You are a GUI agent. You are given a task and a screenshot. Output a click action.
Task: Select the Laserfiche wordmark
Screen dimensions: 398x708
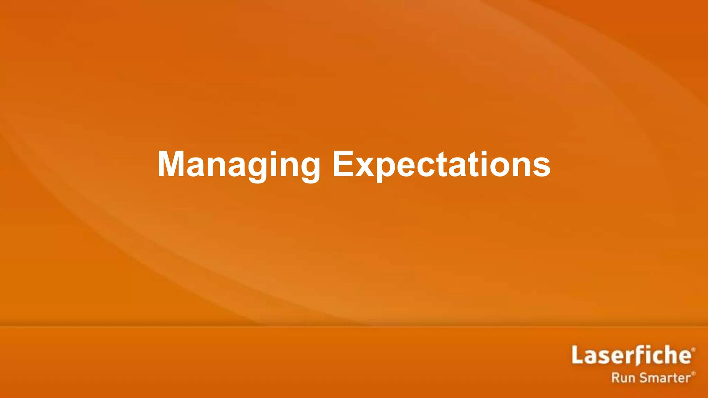(631, 355)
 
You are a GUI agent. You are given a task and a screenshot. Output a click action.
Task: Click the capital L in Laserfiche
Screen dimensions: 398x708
(577, 355)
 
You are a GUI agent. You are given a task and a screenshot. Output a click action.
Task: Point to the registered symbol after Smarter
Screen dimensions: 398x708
(693, 373)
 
